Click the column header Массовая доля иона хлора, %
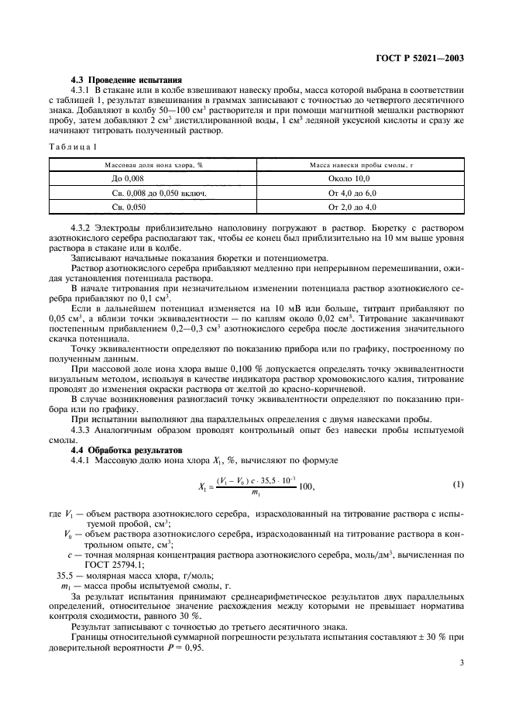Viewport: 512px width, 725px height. tap(153, 165)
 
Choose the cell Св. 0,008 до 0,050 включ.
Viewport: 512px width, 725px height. tap(153, 193)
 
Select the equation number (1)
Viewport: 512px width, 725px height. tap(458, 485)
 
